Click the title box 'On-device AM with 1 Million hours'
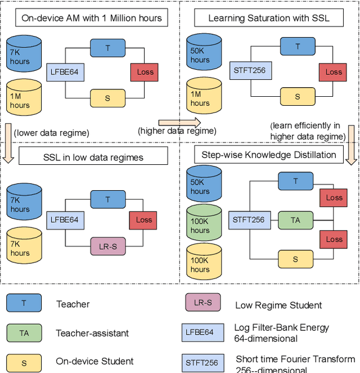[x=91, y=18]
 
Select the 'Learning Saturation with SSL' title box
[x=268, y=18]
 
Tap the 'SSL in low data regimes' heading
[x=93, y=157]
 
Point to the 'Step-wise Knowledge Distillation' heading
[x=269, y=155]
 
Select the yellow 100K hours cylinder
[x=200, y=260]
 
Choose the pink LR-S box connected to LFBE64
[x=108, y=245]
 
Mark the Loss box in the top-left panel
[x=145, y=72]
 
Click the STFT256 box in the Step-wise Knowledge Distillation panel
[x=248, y=220]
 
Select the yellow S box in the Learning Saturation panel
[x=298, y=97]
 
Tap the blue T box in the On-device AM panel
[x=108, y=48]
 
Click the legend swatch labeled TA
[x=24, y=333]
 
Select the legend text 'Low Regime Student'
[x=278, y=305]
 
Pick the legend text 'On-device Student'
[x=94, y=361]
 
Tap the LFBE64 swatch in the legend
[x=200, y=332]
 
